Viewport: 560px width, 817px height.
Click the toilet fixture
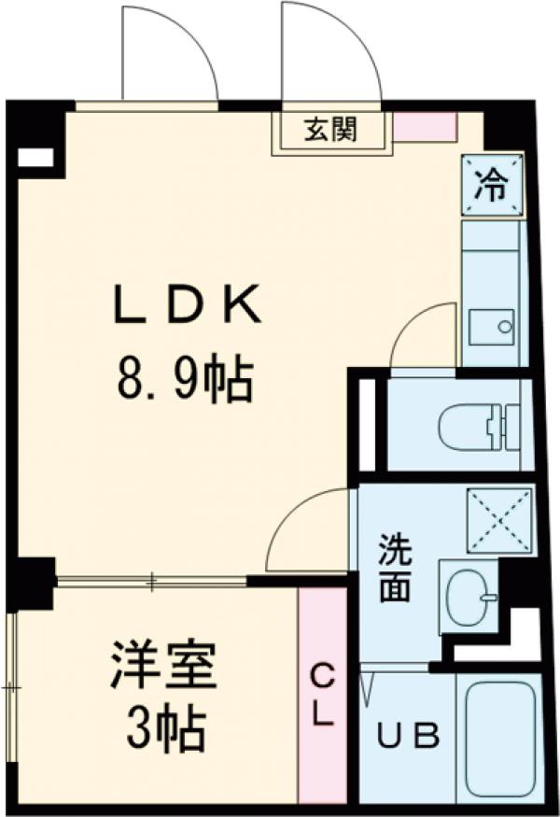coord(477,426)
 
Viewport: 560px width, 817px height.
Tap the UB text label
coord(408,737)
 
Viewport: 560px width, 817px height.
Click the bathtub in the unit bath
coord(498,738)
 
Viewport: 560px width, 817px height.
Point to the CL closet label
coord(322,695)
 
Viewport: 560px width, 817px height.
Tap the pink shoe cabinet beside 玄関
coord(424,127)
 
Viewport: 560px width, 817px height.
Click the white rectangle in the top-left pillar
coord(35,158)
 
